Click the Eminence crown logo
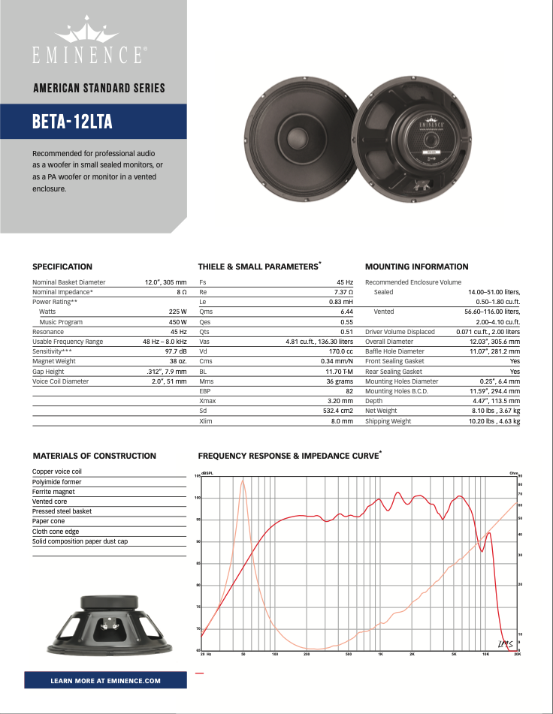(x=89, y=34)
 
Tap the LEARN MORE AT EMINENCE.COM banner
(x=105, y=680)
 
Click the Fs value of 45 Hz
(x=345, y=282)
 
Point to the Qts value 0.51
(x=346, y=332)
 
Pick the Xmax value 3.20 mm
(x=340, y=402)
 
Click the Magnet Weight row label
(x=55, y=362)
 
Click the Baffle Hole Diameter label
(x=394, y=351)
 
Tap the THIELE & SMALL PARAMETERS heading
(x=257, y=267)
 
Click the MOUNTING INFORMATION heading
(x=416, y=267)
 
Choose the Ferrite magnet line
(x=53, y=492)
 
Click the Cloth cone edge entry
(x=56, y=532)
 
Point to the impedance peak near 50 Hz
(x=243, y=481)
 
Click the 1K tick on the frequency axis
(x=381, y=655)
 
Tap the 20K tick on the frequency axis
(x=517, y=655)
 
